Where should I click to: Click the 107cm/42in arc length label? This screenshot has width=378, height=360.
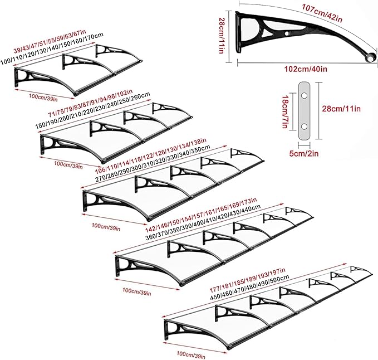(x=322, y=13)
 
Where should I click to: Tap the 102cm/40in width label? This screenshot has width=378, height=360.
(x=306, y=69)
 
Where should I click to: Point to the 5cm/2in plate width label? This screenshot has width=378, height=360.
(x=304, y=153)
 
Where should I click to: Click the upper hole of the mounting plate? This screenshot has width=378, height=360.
(x=304, y=95)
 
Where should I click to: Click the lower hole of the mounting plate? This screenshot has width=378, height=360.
(x=304, y=126)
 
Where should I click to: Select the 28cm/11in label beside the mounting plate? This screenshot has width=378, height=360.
(x=341, y=109)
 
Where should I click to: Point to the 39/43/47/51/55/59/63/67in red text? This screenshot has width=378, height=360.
(x=50, y=41)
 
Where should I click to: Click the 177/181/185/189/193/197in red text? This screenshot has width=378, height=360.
(x=247, y=280)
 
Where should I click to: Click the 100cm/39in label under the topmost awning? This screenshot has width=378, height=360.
(x=43, y=99)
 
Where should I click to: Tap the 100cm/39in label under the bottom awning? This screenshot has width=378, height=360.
(x=191, y=354)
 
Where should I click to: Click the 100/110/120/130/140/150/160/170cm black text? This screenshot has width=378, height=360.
(x=52, y=48)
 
